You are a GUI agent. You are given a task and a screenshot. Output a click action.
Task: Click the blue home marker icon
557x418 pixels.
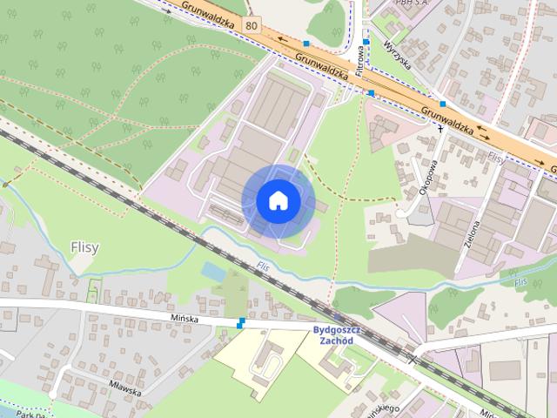pyautogui.click(x=278, y=201)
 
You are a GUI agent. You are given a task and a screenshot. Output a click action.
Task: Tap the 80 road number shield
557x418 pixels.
pyautogui.click(x=252, y=25)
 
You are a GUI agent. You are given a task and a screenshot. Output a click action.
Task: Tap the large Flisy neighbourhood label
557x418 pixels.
pyautogui.click(x=84, y=247)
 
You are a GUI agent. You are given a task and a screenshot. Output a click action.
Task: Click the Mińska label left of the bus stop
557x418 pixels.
pyautogui.click(x=185, y=320)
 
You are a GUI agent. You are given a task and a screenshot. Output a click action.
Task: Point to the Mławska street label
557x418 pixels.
pyautogui.click(x=126, y=391)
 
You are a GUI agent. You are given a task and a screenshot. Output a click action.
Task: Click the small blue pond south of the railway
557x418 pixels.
pyautogui.click(x=211, y=272)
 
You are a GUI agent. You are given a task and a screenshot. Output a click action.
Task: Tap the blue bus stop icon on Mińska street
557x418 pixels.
pyautogui.click(x=240, y=324)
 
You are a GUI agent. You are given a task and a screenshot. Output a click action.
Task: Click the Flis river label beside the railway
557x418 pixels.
pyautogui.click(x=264, y=266)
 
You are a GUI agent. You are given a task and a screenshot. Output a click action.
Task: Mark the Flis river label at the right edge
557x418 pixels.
pyautogui.click(x=521, y=283)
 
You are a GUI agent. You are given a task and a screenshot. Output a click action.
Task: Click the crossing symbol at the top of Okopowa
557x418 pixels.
pyautogui.click(x=440, y=128)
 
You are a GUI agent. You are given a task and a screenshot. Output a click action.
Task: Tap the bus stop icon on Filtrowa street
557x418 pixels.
pyautogui.click(x=367, y=42)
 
